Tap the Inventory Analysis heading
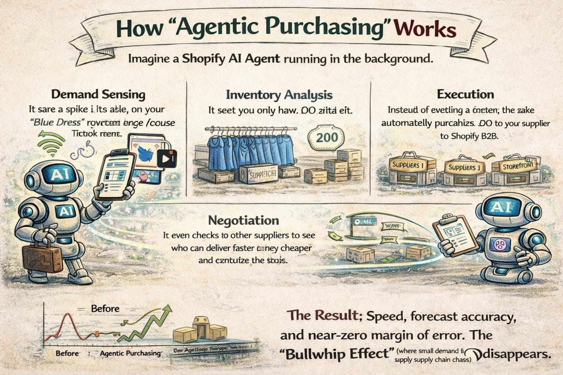279,95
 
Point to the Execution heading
465,94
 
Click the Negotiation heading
243,220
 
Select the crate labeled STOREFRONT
514,166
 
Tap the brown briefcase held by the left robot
42,257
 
